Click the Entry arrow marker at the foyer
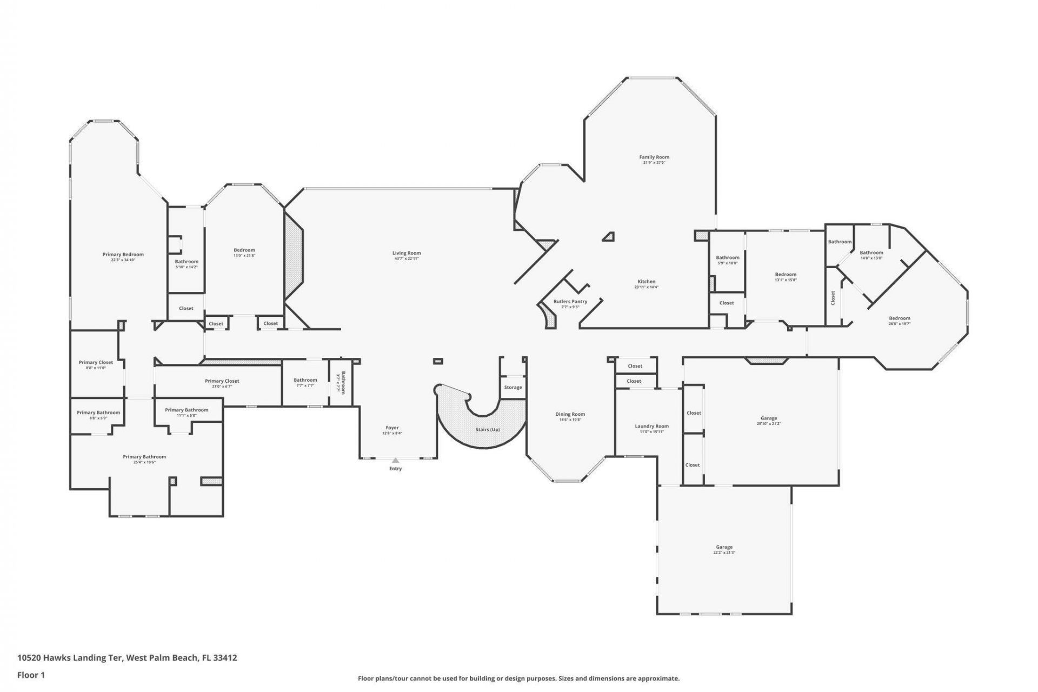[395, 461]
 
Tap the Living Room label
[407, 253]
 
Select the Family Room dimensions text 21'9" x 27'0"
[654, 163]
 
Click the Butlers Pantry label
[570, 302]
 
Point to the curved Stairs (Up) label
[487, 429]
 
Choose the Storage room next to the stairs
[513, 387]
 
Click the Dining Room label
[570, 414]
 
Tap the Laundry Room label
[651, 426]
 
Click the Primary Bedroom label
[123, 255]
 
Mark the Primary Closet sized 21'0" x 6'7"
[222, 383]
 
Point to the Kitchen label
[646, 282]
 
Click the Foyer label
[392, 428]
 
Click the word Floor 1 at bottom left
[31, 675]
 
